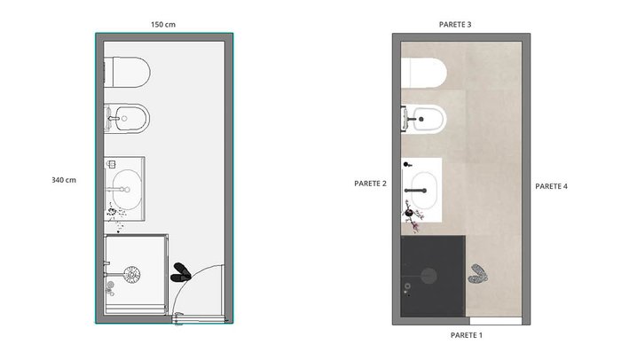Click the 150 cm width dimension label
pyautogui.click(x=162, y=25)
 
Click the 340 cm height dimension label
pyautogui.click(x=64, y=180)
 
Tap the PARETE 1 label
pyautogui.click(x=467, y=335)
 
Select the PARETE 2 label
pyautogui.click(x=370, y=184)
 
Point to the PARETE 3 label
pyautogui.click(x=455, y=25)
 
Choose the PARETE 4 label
pyautogui.click(x=551, y=186)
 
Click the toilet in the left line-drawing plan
pyautogui.click(x=127, y=73)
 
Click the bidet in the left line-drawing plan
pyautogui.click(x=127, y=119)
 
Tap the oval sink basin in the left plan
pyautogui.click(x=127, y=190)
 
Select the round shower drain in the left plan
pyautogui.click(x=132, y=275)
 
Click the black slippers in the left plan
pyautogui.click(x=181, y=272)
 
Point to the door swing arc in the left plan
pyautogui.click(x=189, y=277)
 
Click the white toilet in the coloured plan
pyautogui.click(x=424, y=73)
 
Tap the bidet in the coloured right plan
pyautogui.click(x=424, y=119)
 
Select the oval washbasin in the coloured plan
pyautogui.click(x=424, y=191)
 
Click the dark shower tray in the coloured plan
pyautogui.click(x=433, y=276)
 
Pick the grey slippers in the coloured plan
pyautogui.click(x=478, y=274)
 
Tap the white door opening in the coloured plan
pyautogui.click(x=495, y=321)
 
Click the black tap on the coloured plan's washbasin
pyautogui.click(x=415, y=191)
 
